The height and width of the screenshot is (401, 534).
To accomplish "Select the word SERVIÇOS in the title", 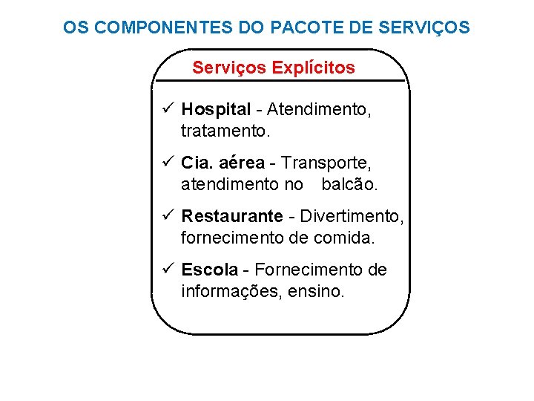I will [423, 28].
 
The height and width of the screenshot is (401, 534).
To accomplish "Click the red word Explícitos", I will [314, 68].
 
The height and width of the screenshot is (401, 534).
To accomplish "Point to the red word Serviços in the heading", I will [229, 68].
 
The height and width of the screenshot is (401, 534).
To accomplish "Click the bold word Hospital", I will [217, 110].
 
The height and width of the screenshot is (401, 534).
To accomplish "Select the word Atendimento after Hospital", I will [319, 110].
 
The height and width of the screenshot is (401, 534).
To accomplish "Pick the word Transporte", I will [327, 163].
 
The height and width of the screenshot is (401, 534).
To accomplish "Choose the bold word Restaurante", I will [232, 216].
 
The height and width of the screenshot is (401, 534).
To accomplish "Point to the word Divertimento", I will [352, 216].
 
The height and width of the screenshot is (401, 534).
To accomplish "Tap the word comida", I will [349, 238].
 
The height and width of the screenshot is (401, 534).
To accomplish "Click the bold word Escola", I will [210, 270].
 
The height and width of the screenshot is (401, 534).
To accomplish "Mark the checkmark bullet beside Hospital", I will [168, 110].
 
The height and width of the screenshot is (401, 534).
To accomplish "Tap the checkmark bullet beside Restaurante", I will [168, 216].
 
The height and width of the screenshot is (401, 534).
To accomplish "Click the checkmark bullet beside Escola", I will [168, 270].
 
